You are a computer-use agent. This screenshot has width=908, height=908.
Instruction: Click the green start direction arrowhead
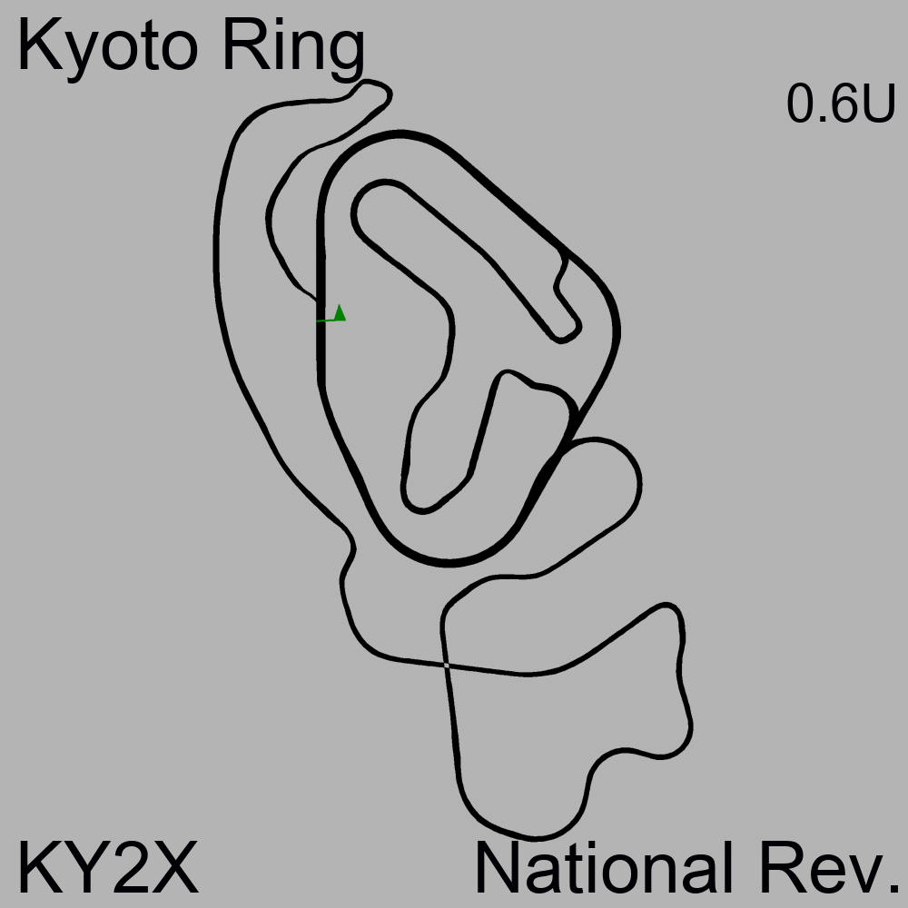click(x=340, y=312)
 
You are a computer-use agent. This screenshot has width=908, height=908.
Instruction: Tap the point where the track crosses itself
click(x=446, y=666)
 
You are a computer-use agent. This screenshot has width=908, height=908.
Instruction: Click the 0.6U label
click(x=841, y=104)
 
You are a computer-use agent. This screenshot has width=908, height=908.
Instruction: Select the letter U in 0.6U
click(x=878, y=104)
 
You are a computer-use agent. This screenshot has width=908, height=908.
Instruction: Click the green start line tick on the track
click(x=327, y=320)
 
